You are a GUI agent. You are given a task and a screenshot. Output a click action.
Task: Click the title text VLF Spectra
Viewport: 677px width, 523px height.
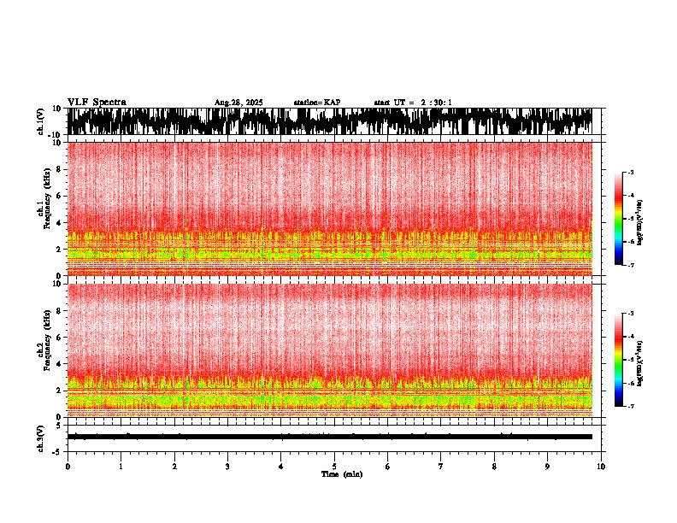[97, 103]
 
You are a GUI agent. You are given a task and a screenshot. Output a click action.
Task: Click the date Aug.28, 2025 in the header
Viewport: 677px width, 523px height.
[238, 103]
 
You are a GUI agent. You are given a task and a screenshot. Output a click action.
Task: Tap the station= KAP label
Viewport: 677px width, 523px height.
[317, 103]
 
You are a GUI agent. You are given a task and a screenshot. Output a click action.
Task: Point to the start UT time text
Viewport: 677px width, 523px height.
[413, 103]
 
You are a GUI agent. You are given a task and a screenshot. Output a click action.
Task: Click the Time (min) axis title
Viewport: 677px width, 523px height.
[341, 473]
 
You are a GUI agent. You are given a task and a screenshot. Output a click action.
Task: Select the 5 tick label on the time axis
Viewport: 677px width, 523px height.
[334, 466]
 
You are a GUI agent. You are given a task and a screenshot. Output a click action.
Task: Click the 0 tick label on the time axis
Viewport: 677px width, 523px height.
[68, 466]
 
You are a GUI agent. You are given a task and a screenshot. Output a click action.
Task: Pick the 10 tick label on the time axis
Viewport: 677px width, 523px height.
[601, 466]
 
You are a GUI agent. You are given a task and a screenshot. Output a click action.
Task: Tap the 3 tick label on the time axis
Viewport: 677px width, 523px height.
[227, 466]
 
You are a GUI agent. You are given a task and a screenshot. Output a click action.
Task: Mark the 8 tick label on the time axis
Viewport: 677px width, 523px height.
[494, 466]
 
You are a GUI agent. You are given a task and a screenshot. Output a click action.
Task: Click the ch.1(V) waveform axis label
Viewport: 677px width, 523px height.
[41, 121]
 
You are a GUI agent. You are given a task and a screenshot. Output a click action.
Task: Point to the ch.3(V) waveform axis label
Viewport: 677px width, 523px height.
[41, 437]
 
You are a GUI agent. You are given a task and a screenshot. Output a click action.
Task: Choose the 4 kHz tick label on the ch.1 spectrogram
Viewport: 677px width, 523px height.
[60, 223]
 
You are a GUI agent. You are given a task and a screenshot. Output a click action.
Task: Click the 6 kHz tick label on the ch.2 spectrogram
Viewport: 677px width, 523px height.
[60, 338]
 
